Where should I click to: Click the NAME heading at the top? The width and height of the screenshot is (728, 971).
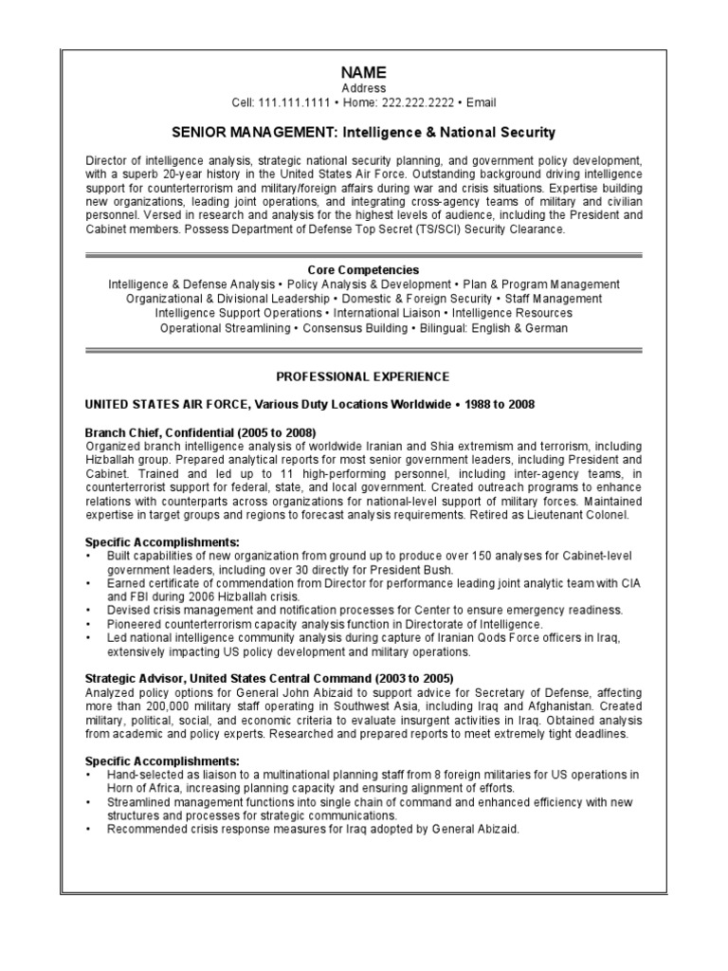[x=364, y=73]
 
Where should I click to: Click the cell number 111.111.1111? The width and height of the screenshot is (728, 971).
[x=297, y=102]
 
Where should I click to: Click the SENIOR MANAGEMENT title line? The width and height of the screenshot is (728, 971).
[x=363, y=132]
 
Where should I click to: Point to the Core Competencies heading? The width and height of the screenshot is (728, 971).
[x=363, y=270]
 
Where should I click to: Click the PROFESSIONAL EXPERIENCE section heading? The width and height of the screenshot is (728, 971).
[x=363, y=376]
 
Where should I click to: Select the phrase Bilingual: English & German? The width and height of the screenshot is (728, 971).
[x=492, y=328]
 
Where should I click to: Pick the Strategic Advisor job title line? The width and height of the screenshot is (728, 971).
[x=269, y=678]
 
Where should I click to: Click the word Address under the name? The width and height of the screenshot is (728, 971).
[x=364, y=88]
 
